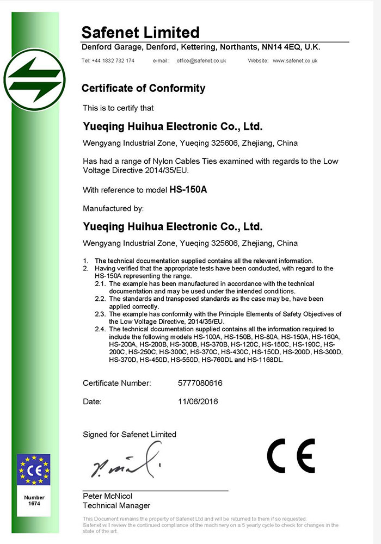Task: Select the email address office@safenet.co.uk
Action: coord(201,60)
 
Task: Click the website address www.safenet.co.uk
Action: coord(295,60)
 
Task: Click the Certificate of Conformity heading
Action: coord(143,88)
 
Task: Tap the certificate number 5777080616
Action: coord(200,383)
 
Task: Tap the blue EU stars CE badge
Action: coord(34,469)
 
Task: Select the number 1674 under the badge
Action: coord(34,504)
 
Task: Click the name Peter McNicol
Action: coord(107,496)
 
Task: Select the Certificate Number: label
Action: coord(117,383)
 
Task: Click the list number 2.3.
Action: coord(100,314)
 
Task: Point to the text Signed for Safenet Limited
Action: coord(130,434)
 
